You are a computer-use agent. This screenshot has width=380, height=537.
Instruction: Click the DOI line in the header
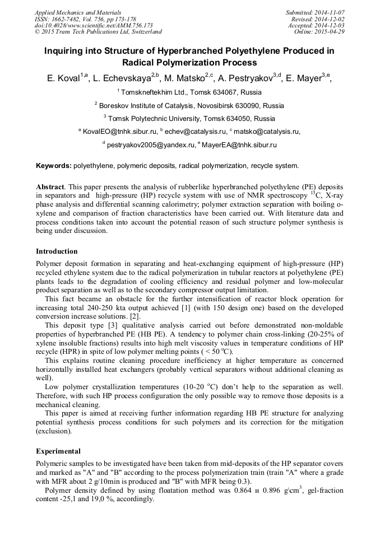pyautogui.click(x=94, y=25)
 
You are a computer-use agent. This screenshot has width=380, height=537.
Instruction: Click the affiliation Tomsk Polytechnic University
pyautogui.click(x=191, y=118)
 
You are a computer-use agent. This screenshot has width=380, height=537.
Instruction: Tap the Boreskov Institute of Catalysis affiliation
pyautogui.click(x=191, y=105)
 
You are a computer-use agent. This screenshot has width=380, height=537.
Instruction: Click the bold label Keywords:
pyautogui.click(x=54, y=166)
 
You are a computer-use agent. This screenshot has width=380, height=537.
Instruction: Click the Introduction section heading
pyautogui.click(x=57, y=251)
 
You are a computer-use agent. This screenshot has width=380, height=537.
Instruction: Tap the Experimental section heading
pyautogui.click(x=58, y=451)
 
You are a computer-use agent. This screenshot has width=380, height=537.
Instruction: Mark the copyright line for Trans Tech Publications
pyautogui.click(x=98, y=32)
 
